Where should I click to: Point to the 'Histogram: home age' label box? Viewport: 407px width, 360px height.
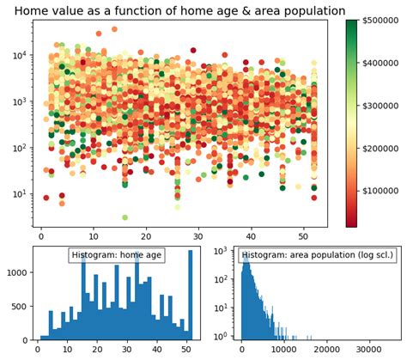pos(117,255)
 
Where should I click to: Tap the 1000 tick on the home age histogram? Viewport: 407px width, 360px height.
pos(17,272)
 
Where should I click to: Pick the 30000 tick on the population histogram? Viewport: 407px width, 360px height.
pos(374,350)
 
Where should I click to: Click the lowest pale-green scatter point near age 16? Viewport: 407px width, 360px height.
pos(125,217)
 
